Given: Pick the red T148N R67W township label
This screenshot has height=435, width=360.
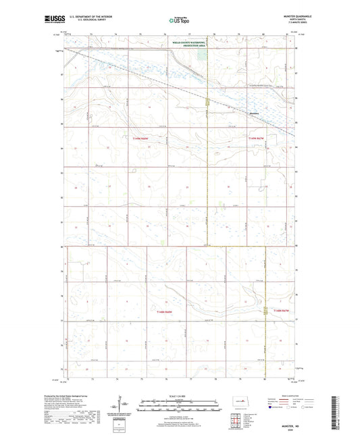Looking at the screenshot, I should point(284,310).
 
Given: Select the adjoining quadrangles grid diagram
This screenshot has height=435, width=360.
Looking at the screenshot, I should point(238,423).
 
